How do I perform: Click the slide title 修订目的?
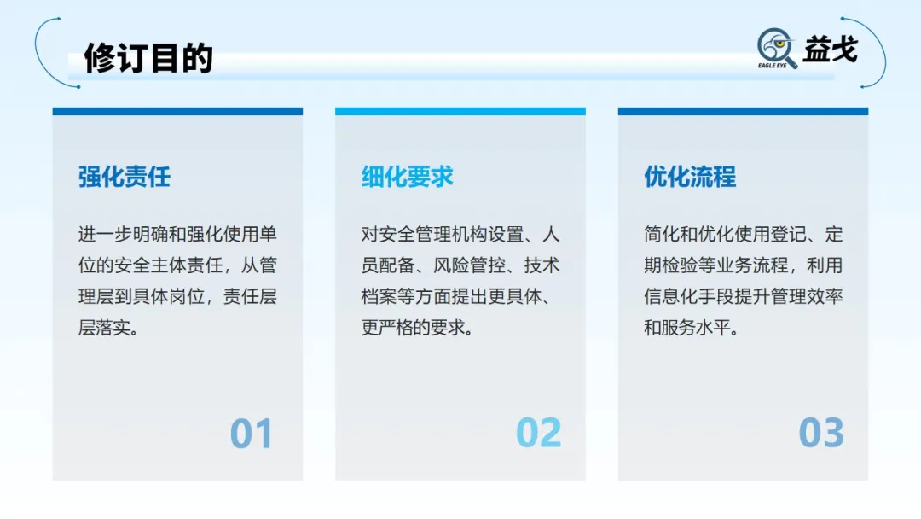(x=148, y=58)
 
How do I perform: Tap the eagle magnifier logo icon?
(x=777, y=48)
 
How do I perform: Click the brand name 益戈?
(x=829, y=49)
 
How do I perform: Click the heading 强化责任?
(x=125, y=177)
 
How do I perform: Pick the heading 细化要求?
(x=408, y=177)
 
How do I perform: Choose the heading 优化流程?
(x=690, y=177)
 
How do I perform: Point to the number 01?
(x=251, y=434)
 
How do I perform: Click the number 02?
(x=539, y=434)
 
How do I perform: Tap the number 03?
(x=821, y=434)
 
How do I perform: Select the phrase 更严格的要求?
(x=418, y=327)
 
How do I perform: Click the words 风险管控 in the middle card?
(x=461, y=265)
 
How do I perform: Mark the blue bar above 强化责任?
(x=177, y=111)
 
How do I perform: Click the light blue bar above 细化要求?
(x=460, y=111)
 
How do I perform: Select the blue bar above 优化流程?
(x=743, y=111)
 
